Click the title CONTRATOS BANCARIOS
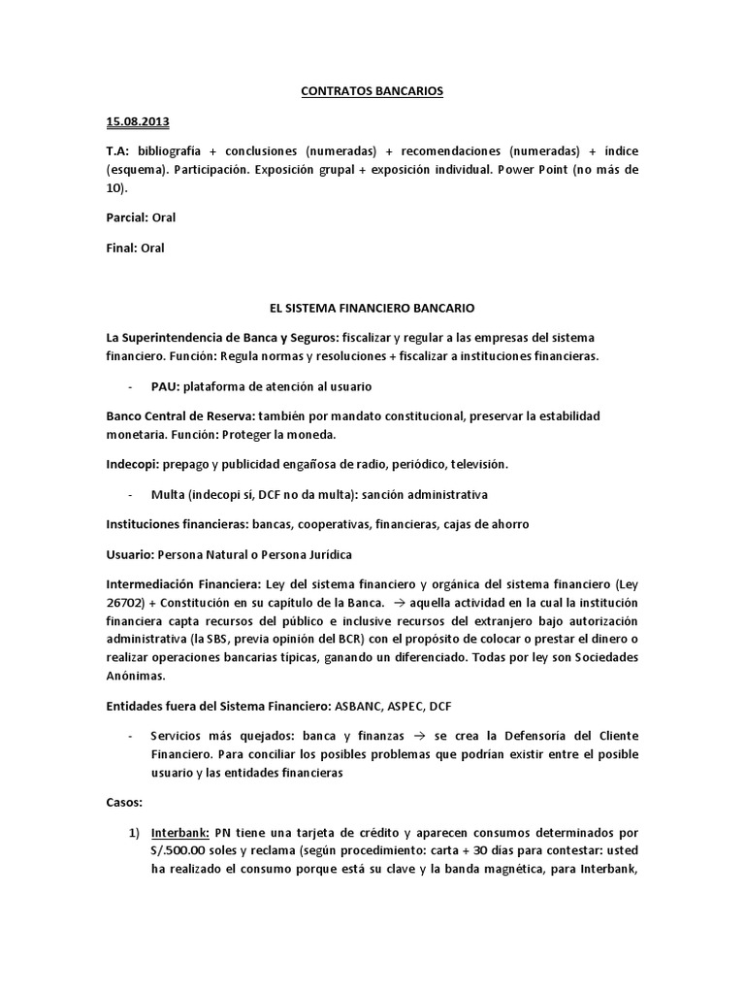tap(372, 91)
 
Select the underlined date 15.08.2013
tap(137, 122)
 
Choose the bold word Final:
tap(121, 248)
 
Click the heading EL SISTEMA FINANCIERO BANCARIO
tap(372, 309)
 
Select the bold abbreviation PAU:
tap(167, 386)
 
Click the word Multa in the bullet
tap(168, 494)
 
